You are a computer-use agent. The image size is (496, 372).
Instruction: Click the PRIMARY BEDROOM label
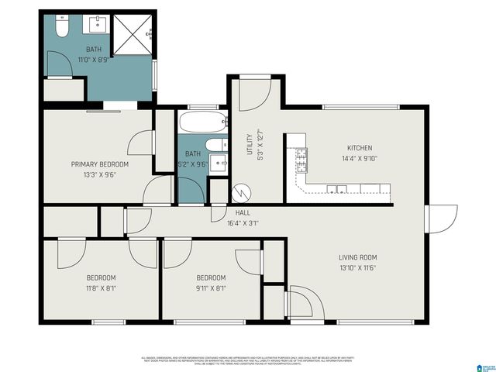coord(99,164)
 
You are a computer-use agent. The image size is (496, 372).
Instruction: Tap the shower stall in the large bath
coord(133,34)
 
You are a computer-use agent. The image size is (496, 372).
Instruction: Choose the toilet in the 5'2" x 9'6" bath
coord(216,145)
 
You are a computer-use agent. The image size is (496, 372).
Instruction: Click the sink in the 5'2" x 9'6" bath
coord(219,164)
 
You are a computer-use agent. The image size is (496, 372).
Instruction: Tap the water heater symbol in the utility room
coord(242,191)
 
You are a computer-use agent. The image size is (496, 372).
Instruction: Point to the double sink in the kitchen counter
coord(336,188)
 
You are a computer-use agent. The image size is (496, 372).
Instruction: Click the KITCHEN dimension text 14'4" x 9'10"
coord(360,159)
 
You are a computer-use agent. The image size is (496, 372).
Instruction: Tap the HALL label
coord(242,212)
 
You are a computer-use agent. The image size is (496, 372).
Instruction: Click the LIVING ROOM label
coord(357,257)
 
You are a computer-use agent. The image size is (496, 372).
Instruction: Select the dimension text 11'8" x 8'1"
coord(101,288)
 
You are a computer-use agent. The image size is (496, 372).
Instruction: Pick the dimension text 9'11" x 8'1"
coord(211,288)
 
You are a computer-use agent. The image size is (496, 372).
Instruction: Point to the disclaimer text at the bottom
coord(248,360)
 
